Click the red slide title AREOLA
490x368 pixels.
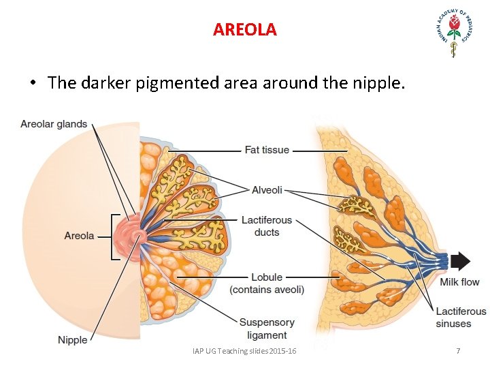click(x=245, y=30)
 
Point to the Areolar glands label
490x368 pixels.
click(x=54, y=124)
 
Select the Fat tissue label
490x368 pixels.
click(x=267, y=150)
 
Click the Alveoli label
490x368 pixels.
click(x=267, y=190)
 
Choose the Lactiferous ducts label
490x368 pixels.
click(x=267, y=226)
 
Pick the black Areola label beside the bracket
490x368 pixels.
click(x=79, y=236)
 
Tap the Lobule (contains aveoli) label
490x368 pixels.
click(x=267, y=283)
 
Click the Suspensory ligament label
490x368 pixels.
click(x=267, y=328)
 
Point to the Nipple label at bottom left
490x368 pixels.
click(x=72, y=340)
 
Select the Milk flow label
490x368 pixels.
click(x=459, y=282)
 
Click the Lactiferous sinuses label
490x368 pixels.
click(x=461, y=318)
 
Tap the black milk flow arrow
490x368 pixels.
click(x=461, y=261)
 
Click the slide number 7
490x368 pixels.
click(x=458, y=351)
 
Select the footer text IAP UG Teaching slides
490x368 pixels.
click(x=244, y=351)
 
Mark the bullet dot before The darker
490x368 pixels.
click(x=32, y=85)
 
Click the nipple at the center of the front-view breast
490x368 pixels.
click(x=138, y=236)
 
